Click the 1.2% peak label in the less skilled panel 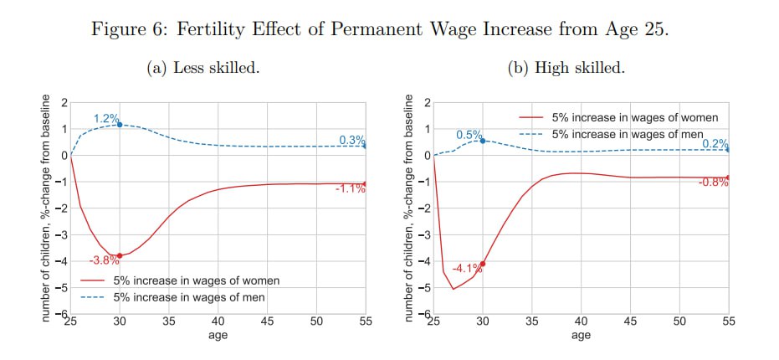(106, 119)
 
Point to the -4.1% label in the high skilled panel (467, 269)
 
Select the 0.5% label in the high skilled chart (469, 135)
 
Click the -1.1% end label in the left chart (350, 188)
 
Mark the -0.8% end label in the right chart (713, 183)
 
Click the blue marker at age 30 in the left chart (120, 125)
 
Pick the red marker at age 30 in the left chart (120, 255)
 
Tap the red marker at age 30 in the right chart (483, 264)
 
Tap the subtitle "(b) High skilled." (566, 69)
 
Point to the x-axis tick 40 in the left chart (218, 321)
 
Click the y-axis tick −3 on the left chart (60, 234)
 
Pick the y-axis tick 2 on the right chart (428, 103)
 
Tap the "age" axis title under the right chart (581, 335)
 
